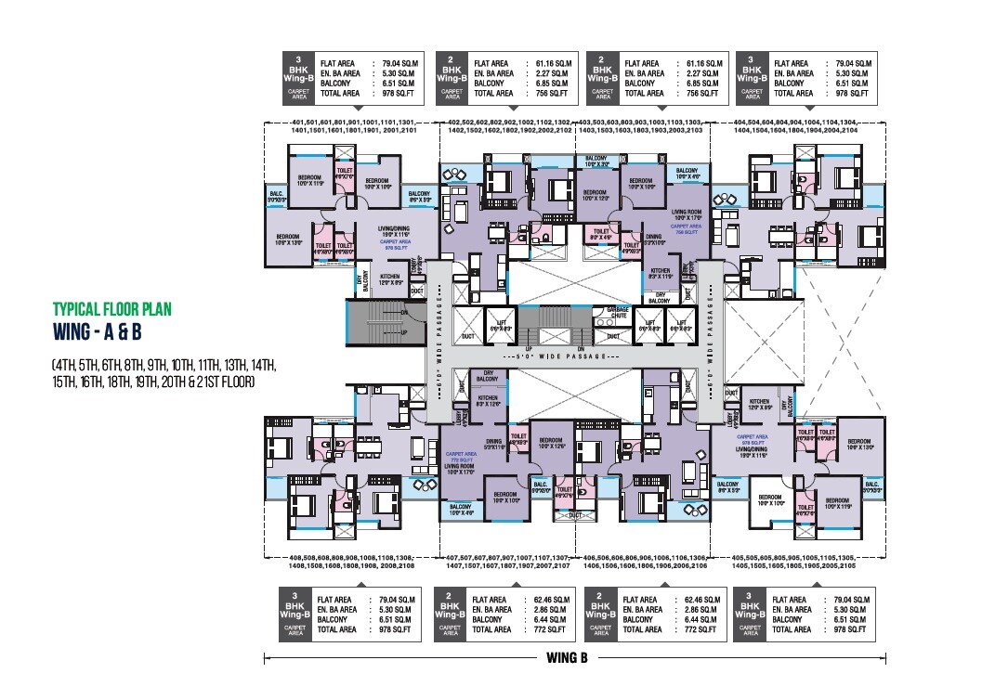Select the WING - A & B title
[101, 331]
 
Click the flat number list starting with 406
[647, 563]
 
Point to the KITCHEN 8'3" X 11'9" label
[661, 274]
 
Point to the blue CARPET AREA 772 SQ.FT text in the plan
[456, 458]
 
